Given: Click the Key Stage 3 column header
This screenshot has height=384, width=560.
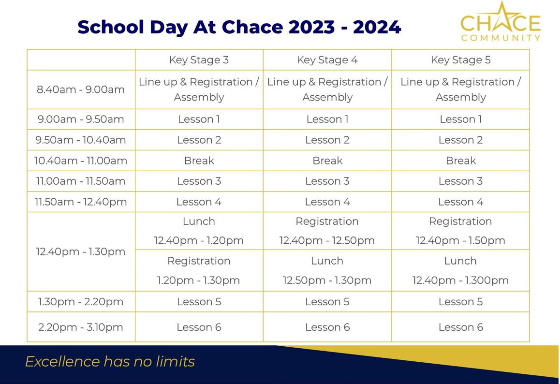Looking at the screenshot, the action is (x=199, y=60).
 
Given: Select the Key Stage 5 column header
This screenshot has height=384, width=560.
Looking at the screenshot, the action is (x=461, y=60).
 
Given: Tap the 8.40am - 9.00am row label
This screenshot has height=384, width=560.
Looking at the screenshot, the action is (x=81, y=89).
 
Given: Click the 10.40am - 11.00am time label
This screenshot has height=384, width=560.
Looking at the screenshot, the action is (x=81, y=161).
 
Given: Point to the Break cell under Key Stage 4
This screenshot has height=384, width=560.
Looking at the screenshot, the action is (x=327, y=161).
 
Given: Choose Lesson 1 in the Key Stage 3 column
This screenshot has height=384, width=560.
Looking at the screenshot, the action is (x=199, y=119).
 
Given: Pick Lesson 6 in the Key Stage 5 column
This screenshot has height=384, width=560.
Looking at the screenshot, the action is (x=461, y=327).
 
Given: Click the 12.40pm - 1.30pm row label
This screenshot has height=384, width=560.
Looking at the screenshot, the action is (x=81, y=252).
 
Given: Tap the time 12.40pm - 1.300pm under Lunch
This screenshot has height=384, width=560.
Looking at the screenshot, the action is (x=461, y=281).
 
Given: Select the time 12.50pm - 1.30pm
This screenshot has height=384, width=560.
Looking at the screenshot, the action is (x=327, y=281).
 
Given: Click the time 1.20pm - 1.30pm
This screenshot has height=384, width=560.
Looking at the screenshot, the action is (x=199, y=281).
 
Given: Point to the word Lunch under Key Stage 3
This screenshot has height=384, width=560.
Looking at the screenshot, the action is (x=199, y=222).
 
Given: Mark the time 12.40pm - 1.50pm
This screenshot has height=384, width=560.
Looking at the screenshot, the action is (x=461, y=240).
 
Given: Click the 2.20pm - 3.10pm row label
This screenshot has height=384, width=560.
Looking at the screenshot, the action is (x=81, y=327).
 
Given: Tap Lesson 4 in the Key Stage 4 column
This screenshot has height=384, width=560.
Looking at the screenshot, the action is (x=327, y=202).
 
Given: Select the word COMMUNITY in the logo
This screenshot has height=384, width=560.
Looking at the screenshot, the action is (x=501, y=38).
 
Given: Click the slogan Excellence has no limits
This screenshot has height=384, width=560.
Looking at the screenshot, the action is (x=110, y=361).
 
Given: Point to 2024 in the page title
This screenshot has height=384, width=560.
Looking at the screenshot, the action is (x=377, y=27).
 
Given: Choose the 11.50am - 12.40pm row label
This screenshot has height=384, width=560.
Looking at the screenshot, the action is (x=81, y=202).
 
